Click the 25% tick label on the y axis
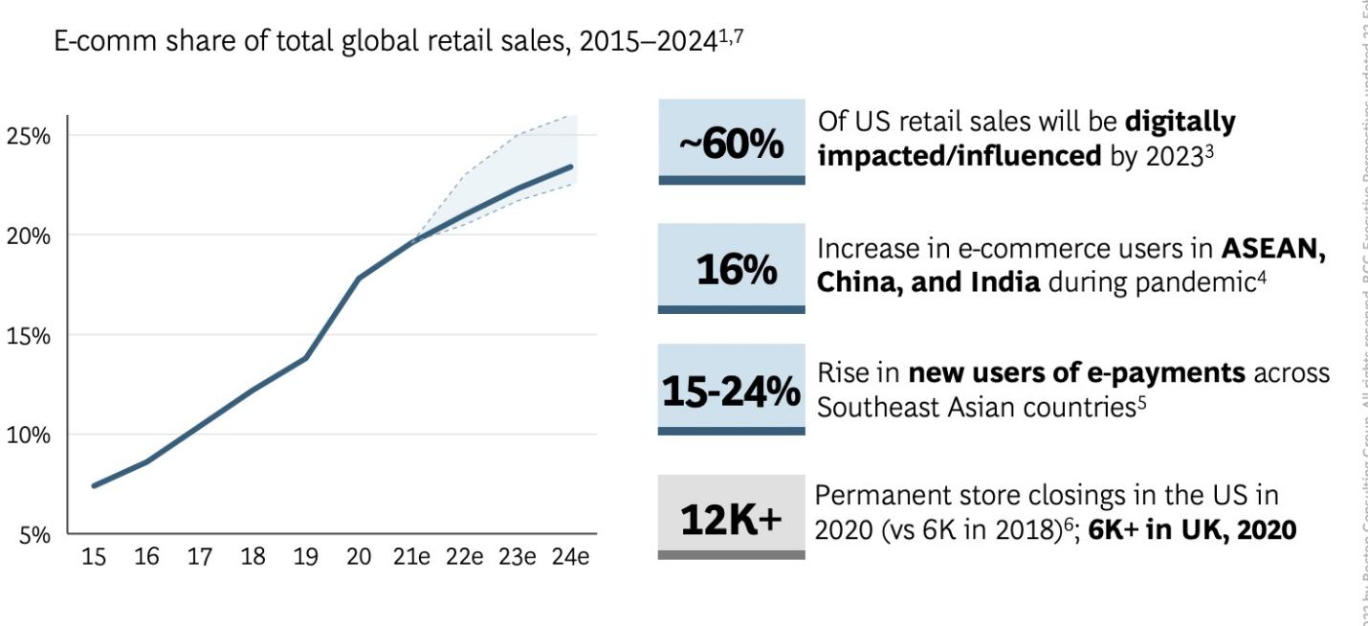tap(29, 135)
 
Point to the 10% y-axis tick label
tap(29, 435)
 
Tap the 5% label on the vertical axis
tap(33, 535)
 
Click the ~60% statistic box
tap(731, 142)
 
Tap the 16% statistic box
tap(731, 269)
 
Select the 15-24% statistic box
tap(731, 390)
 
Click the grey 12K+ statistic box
tap(731, 517)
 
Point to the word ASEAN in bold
tap(1273, 248)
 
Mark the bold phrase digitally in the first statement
tap(1180, 123)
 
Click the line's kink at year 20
tap(359, 278)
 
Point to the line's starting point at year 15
tap(94, 485)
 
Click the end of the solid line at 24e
tap(571, 167)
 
